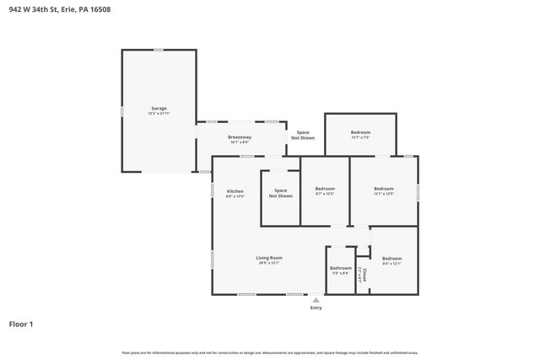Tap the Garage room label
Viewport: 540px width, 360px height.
pyautogui.click(x=159, y=108)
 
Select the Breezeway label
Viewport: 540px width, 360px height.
pyautogui.click(x=240, y=137)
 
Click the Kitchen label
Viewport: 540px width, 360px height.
pyautogui.click(x=235, y=191)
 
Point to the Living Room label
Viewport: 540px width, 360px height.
pyautogui.click(x=269, y=257)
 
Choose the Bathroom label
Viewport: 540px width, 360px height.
pyautogui.click(x=341, y=268)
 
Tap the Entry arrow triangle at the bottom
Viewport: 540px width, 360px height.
pyautogui.click(x=316, y=298)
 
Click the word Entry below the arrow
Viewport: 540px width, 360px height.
pyautogui.click(x=316, y=308)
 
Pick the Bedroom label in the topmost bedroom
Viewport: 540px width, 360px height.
pyautogui.click(x=360, y=132)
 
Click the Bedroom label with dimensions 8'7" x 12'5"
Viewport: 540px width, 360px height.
pyautogui.click(x=325, y=188)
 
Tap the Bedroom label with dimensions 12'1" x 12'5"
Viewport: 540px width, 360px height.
pyautogui.click(x=384, y=188)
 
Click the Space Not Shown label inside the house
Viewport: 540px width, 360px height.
pyautogui.click(x=280, y=193)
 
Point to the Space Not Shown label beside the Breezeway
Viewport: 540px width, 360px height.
pyautogui.click(x=303, y=135)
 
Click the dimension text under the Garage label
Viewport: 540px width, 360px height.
pyautogui.click(x=159, y=113)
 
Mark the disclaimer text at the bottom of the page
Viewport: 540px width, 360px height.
pyautogui.click(x=269, y=352)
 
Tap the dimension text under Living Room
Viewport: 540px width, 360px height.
pyautogui.click(x=269, y=263)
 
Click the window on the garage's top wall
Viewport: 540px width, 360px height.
pyautogui.click(x=158, y=50)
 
